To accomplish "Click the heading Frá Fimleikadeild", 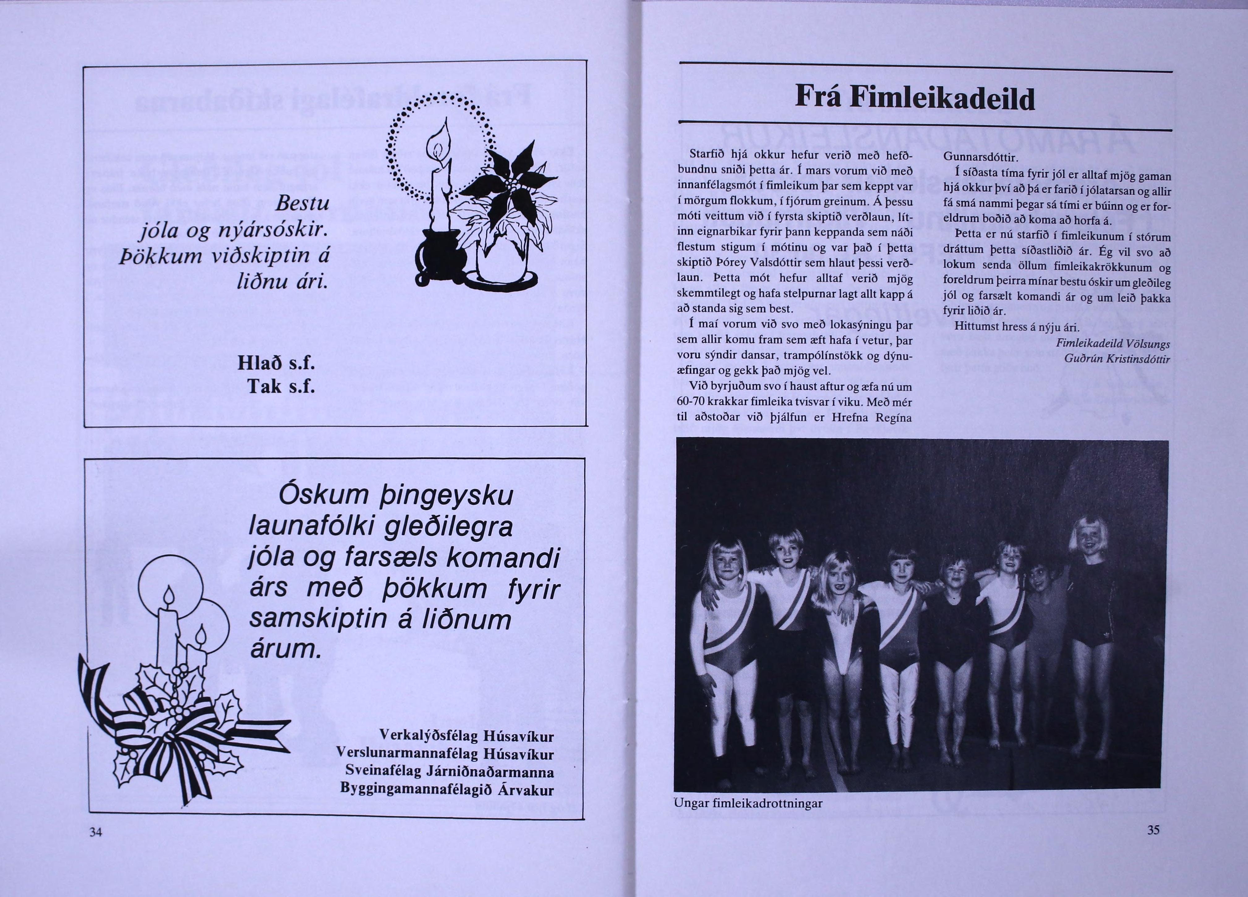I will (915, 99).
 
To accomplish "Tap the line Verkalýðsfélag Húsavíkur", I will (467, 736).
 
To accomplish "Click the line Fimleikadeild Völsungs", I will (1113, 344).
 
